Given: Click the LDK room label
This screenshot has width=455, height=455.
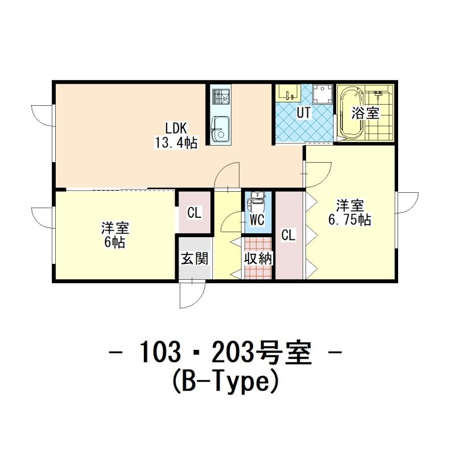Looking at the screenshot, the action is tap(176, 128).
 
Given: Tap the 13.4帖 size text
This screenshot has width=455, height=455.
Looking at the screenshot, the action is tap(176, 143).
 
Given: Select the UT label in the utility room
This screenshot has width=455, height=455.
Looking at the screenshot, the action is tap(304, 113).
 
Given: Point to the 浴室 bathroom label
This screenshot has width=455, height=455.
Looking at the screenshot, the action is tap(365, 113).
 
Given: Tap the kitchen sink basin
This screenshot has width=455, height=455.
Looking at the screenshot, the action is tap(220, 129).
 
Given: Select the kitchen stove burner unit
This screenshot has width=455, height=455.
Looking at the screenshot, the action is tap(221, 97).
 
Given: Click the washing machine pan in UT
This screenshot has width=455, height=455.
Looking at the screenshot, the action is tap(322, 94).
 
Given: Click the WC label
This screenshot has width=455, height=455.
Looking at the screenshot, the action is tap(257, 220).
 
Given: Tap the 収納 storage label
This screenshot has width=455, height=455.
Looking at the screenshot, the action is tap(258, 258).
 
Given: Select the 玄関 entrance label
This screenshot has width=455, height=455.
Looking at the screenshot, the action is tap(195, 258).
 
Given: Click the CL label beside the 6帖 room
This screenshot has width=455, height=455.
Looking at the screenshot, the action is tap(194, 213).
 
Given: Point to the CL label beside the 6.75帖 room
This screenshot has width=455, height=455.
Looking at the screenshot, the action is tap(288, 235).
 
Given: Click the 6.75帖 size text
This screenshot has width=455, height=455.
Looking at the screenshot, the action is tap(350, 220).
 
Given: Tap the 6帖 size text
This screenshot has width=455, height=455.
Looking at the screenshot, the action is tap(115, 242).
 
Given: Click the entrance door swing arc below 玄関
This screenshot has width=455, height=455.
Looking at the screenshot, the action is tap(198, 300).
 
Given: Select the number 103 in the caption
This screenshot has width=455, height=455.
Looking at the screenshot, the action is tap(159, 352).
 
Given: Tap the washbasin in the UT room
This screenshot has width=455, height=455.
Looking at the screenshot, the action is tap(288, 93).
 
